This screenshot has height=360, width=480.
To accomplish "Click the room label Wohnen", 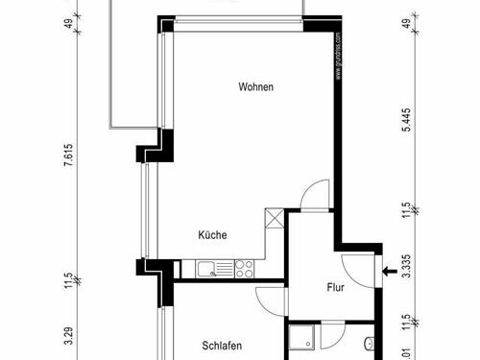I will pyautogui.click(x=256, y=87).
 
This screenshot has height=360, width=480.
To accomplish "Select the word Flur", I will pyautogui.click(x=335, y=286).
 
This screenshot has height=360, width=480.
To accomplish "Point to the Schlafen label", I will pyautogui.click(x=221, y=346).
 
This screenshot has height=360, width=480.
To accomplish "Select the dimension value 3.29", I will pyautogui.click(x=68, y=337).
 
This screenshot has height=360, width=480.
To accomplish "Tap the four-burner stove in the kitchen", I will pyautogui.click(x=243, y=268).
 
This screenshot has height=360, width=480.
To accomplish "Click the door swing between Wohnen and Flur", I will pyautogui.click(x=315, y=196).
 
